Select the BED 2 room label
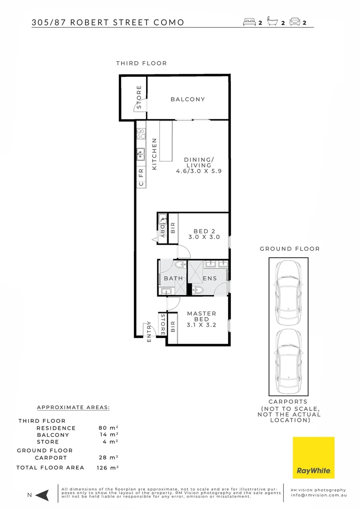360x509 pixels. coord(204,234)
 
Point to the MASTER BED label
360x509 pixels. coord(202,319)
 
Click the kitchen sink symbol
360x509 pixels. coord(140,153)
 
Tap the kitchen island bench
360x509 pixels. coord(165,141)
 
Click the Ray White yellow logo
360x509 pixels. coord(313,458)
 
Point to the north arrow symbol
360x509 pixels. coord(42,495)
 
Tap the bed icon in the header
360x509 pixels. coord(249,22)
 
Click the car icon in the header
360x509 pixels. coord(295,22)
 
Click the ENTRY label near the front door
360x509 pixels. coord(149,331)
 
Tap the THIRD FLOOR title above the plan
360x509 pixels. coord(141,63)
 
